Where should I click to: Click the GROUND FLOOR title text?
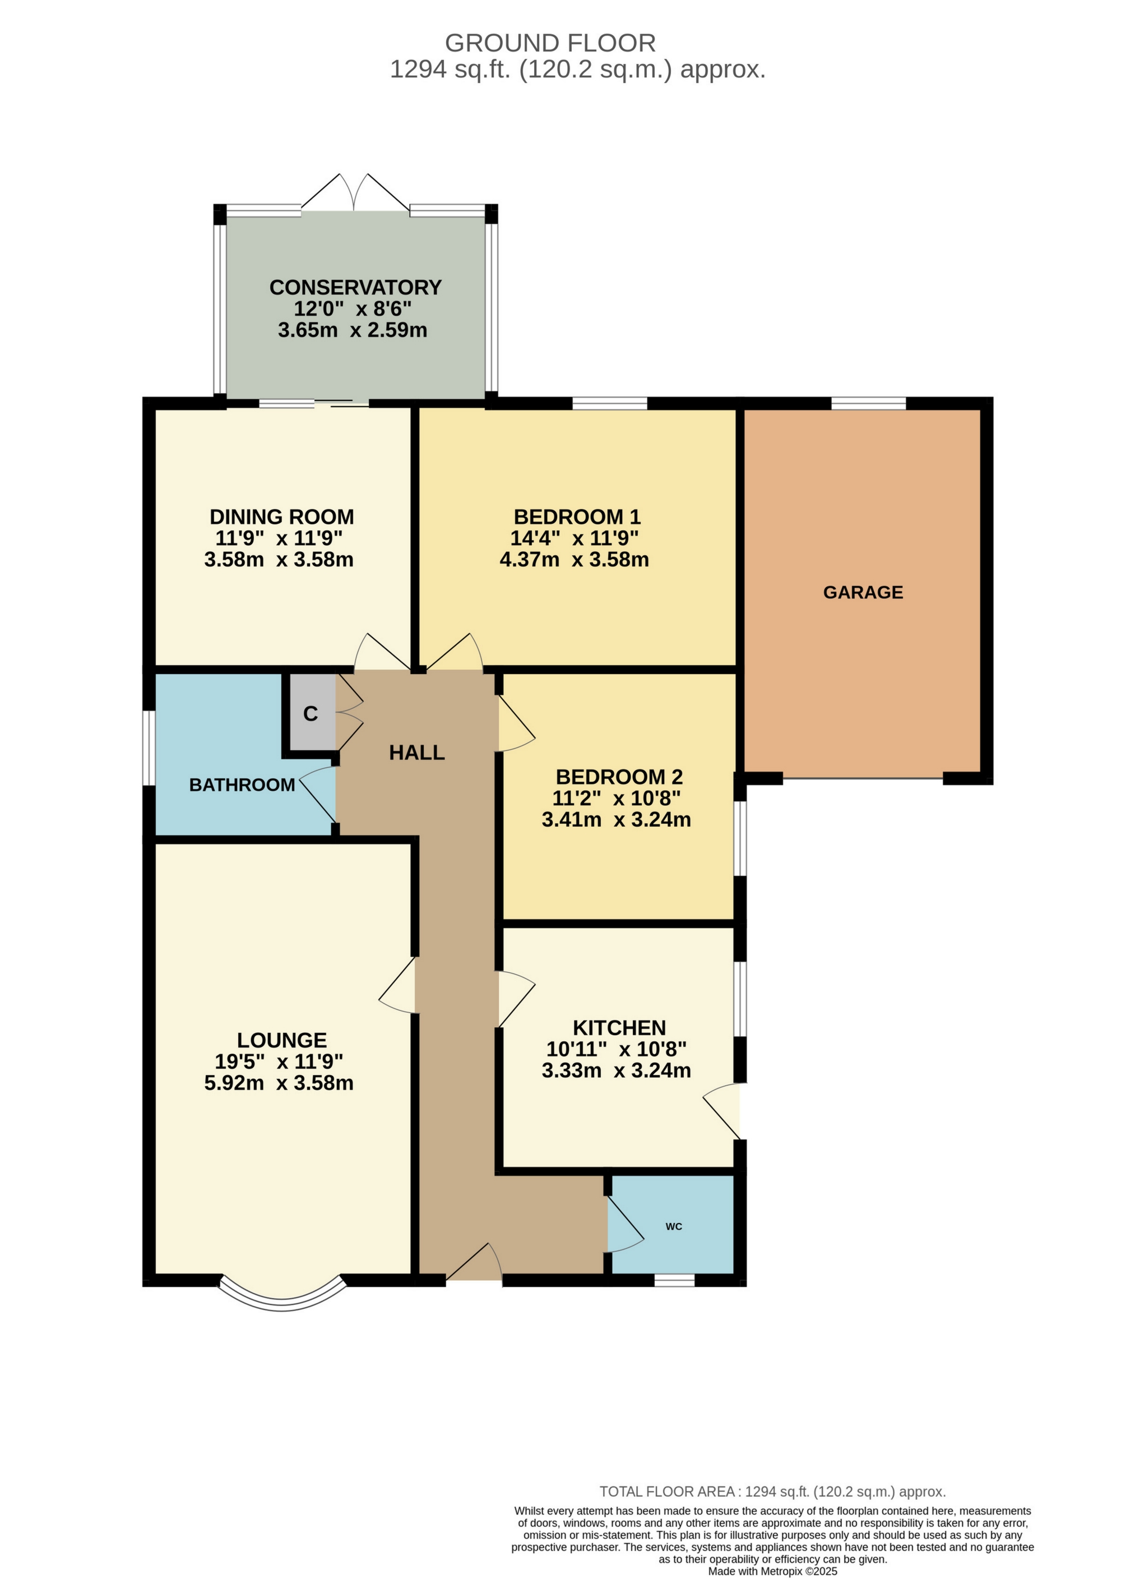pyautogui.click(x=549, y=43)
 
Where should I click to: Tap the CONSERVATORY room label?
pyautogui.click(x=355, y=287)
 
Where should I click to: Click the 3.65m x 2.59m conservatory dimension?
pyautogui.click(x=352, y=330)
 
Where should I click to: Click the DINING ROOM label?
pyautogui.click(x=282, y=516)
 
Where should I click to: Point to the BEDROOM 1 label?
pyautogui.click(x=577, y=516)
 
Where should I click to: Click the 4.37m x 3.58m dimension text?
pyautogui.click(x=574, y=560)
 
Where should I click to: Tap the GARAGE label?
pyautogui.click(x=863, y=592)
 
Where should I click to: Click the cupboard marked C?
pyautogui.click(x=310, y=713)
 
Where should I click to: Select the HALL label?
pyautogui.click(x=416, y=752)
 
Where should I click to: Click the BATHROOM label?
pyautogui.click(x=242, y=785)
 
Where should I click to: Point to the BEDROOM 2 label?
pyautogui.click(x=619, y=777)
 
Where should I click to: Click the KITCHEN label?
pyautogui.click(x=619, y=1028)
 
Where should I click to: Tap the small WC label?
pyautogui.click(x=673, y=1226)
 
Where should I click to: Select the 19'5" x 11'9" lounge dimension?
pyautogui.click(x=279, y=1061)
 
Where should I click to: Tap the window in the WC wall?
pyautogui.click(x=674, y=1280)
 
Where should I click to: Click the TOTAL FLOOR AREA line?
pyautogui.click(x=772, y=1492)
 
